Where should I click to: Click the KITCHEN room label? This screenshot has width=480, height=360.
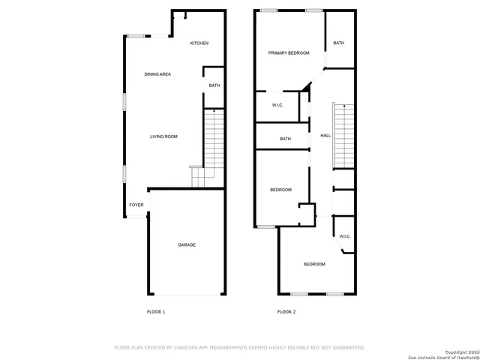coord(199,43)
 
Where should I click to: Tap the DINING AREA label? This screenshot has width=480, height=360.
coord(157,74)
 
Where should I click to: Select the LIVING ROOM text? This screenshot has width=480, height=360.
coord(163,136)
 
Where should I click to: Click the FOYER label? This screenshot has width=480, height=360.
coord(136,205)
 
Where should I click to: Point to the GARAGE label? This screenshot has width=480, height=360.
coord(187,245)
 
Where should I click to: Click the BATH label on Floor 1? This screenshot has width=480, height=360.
coord(214,85)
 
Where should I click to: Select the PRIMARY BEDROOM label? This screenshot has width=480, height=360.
coord(289,53)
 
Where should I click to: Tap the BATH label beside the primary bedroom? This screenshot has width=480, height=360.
coord(339,43)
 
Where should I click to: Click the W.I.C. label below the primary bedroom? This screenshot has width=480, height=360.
coord(277,105)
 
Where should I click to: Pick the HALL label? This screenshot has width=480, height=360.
coord(325,136)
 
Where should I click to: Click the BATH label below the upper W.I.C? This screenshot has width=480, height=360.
coord(286,139)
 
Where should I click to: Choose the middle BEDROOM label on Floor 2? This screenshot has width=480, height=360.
coord(281,190)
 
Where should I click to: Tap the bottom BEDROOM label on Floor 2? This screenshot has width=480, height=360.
coord(314,264)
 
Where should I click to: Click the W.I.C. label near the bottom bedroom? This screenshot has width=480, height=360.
coord(345,236)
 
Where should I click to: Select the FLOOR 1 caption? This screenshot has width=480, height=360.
coord(155,311)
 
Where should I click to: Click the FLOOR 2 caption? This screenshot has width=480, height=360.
coord(286,311)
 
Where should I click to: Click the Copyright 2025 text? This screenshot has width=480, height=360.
coord(460,351)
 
